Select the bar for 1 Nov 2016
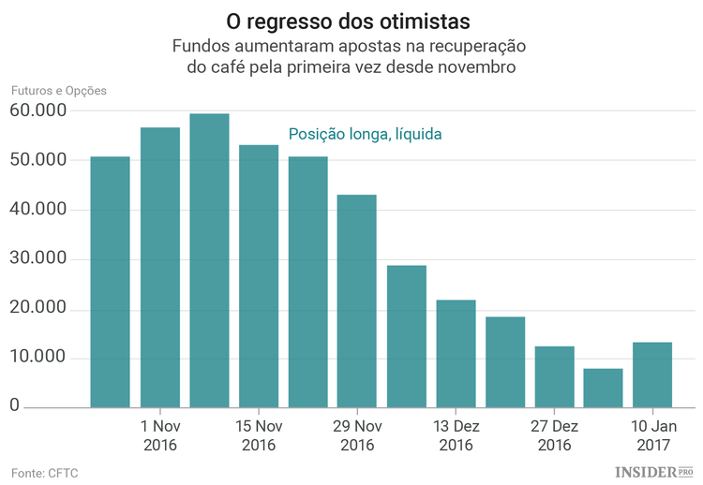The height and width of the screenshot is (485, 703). (x=159, y=267)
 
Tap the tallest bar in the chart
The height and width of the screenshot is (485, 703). (x=209, y=260)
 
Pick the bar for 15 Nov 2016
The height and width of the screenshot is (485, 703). (x=259, y=276)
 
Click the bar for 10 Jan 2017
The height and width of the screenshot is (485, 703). (x=652, y=375)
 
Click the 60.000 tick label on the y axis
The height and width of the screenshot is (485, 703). (x=38, y=110)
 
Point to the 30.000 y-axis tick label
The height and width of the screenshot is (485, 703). (x=38, y=259)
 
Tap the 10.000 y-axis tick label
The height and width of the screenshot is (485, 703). (x=38, y=359)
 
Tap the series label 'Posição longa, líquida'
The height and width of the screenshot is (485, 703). (x=365, y=135)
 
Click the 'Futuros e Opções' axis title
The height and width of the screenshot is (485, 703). (x=59, y=91)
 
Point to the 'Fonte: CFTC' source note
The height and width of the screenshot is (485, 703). (x=45, y=473)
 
